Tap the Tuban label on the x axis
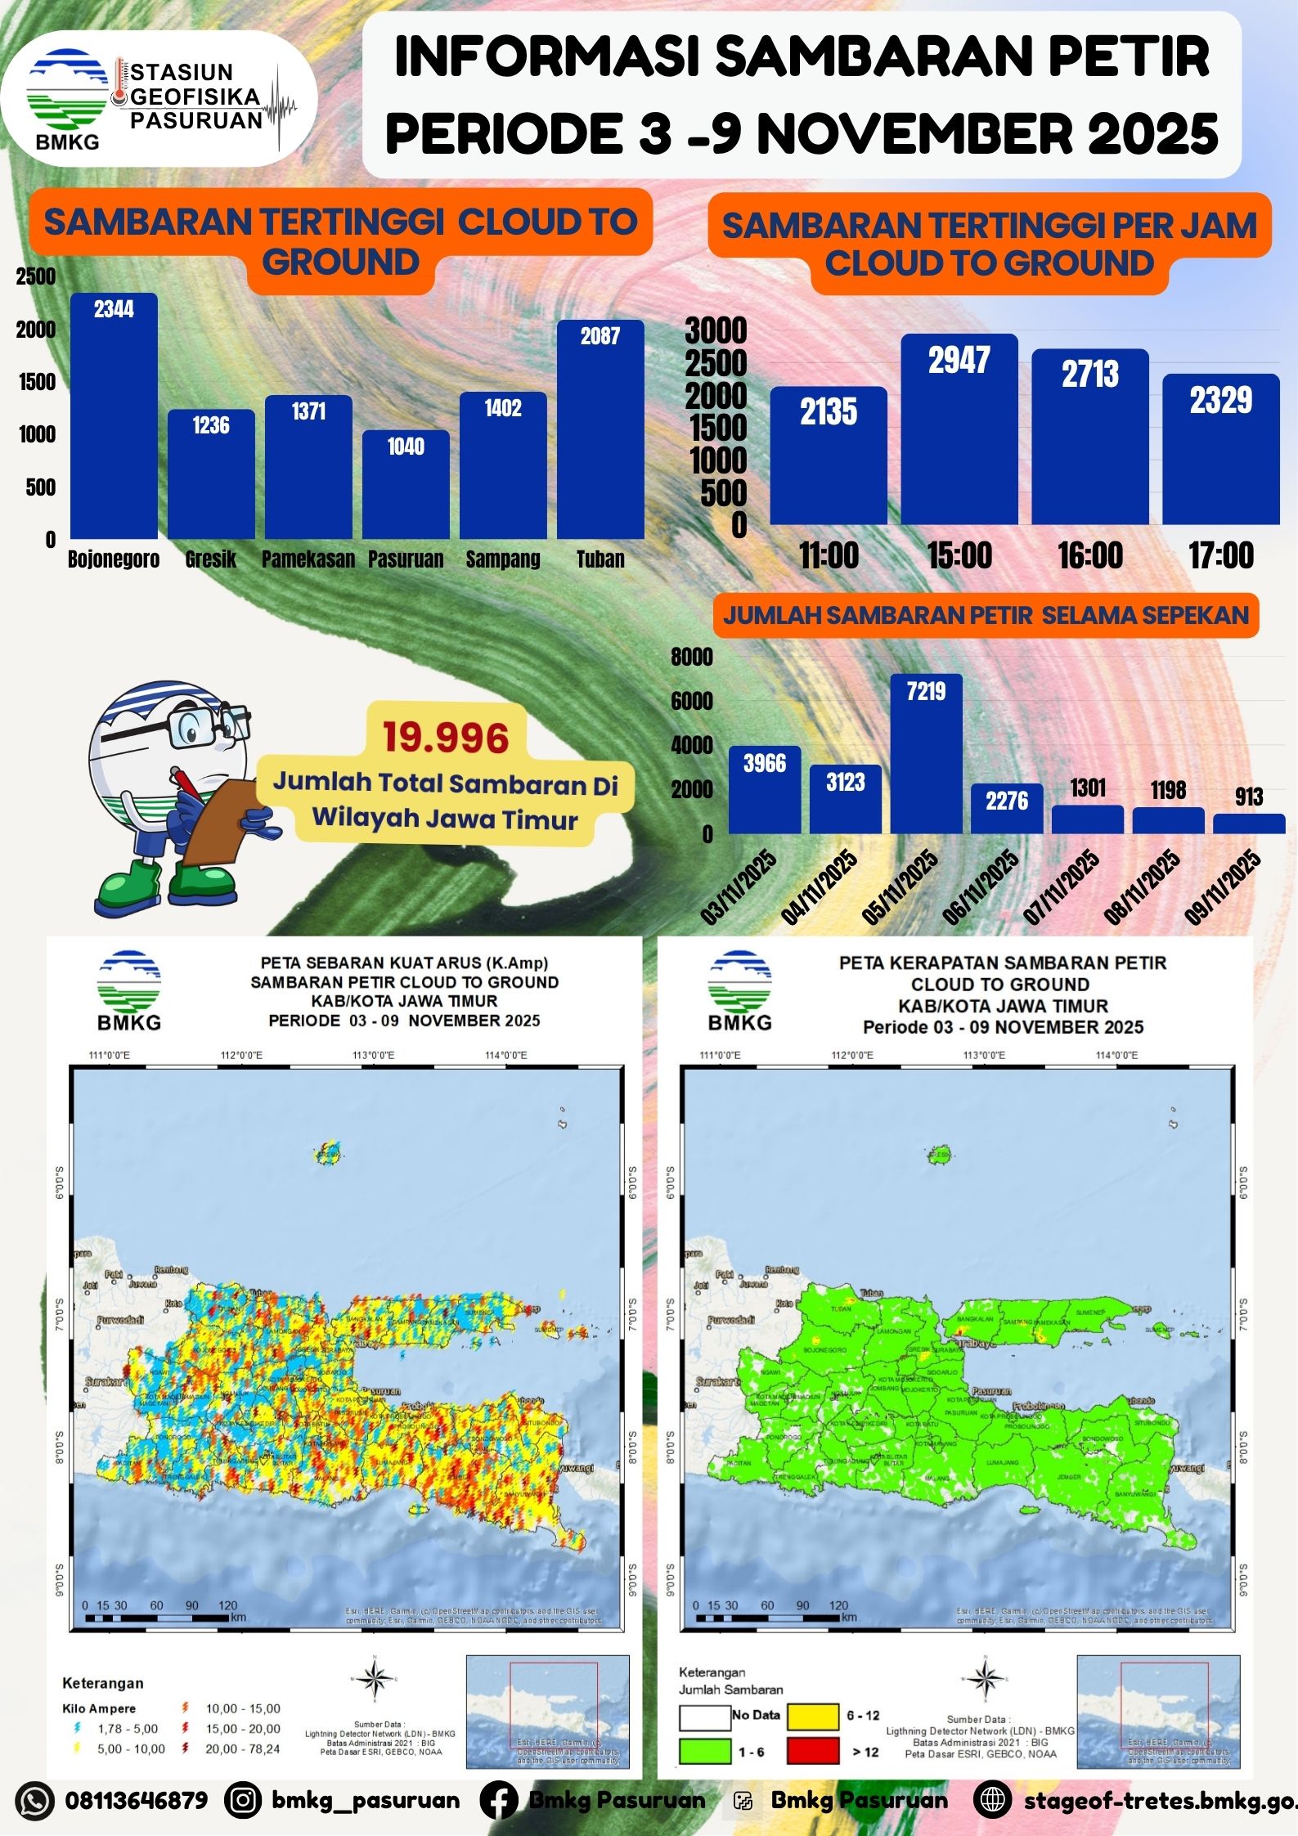click(600, 559)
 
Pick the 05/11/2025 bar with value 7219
click(926, 753)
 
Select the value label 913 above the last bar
click(1249, 797)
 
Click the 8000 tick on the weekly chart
click(692, 657)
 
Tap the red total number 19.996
click(446, 737)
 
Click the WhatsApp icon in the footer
click(34, 1800)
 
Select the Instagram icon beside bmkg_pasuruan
click(243, 1800)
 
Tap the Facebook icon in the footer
click(499, 1800)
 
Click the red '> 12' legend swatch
click(812, 1751)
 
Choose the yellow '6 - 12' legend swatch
click(812, 1716)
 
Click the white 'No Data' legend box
click(705, 1716)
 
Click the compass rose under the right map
click(986, 1678)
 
